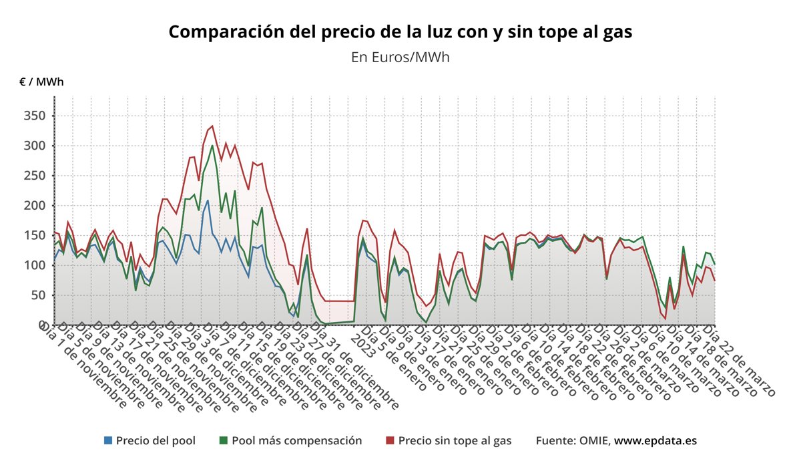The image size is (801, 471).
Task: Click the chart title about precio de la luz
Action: coord(400,32)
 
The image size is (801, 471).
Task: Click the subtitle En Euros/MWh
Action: coord(400,57)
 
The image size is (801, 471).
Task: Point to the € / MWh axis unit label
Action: coord(41,82)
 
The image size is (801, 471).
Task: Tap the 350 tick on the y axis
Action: coord(35,116)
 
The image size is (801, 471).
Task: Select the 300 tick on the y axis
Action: coord(35,146)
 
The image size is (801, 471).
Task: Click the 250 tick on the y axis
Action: coord(35,176)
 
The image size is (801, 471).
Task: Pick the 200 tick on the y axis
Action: coord(35,206)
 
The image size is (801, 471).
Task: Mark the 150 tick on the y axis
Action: coord(35,235)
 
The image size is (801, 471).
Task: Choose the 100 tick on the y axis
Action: coord(35,265)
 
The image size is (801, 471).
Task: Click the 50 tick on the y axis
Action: coord(38,295)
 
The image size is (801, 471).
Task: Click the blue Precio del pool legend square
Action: coord(108,440)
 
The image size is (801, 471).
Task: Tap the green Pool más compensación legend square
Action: coord(224,440)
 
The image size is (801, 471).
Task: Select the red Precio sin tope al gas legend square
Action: coord(390,440)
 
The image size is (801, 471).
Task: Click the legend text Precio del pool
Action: coord(156,440)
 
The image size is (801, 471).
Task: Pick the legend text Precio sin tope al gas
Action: coord(455,440)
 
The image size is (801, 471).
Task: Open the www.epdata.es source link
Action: coord(655,440)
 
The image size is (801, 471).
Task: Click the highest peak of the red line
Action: coord(212,126)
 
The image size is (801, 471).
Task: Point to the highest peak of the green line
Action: coord(212,146)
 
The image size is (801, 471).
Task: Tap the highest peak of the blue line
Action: coord(208,200)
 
